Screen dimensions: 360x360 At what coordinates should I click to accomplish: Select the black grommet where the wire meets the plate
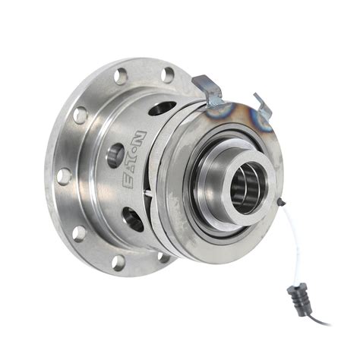[282, 201]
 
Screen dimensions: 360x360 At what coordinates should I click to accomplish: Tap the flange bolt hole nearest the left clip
[169, 74]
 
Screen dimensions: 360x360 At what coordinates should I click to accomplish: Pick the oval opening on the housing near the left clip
[161, 109]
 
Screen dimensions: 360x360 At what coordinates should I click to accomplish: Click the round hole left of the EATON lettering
[115, 156]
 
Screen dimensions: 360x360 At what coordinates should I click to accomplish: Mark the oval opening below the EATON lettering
[134, 219]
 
